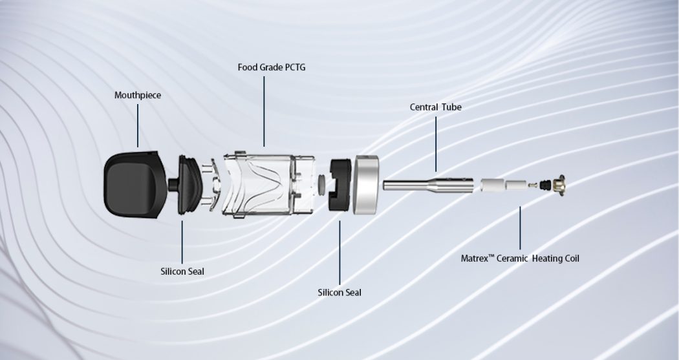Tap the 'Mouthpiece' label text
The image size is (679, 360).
pos(138,96)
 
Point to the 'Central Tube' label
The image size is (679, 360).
pos(436,107)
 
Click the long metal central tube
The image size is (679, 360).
pos(414,185)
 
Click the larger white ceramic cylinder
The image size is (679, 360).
pos(491,185)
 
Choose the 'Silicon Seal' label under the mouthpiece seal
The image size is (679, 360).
pos(182,271)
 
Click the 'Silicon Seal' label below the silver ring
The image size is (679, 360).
pos(339,292)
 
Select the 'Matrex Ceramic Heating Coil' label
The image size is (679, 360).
pos(520,259)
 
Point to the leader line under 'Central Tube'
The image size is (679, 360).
pos(436,142)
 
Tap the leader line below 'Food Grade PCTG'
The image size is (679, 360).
pos(264,110)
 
